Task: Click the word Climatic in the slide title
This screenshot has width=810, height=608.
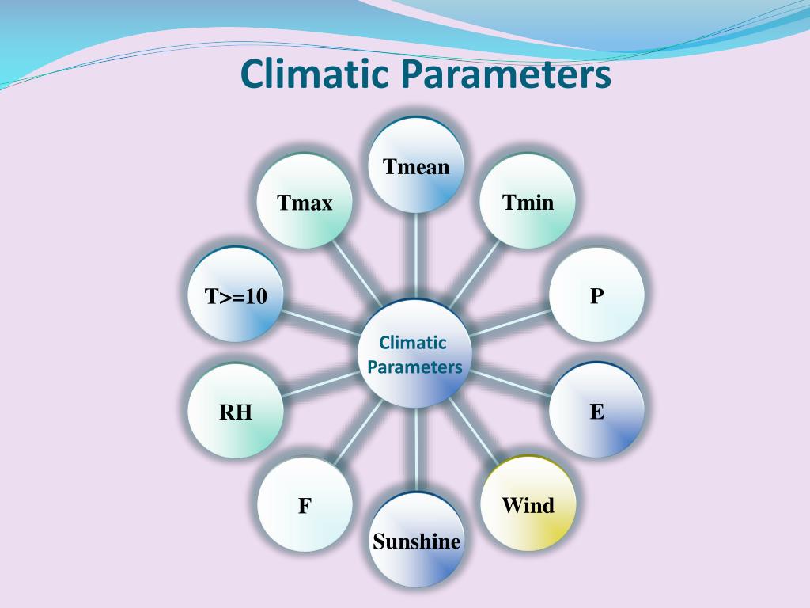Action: (316, 75)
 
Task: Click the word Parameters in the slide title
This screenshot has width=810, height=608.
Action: (506, 75)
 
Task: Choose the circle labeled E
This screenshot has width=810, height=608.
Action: (596, 410)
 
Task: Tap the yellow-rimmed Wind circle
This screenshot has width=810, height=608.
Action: (528, 503)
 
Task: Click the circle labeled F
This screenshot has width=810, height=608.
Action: (305, 504)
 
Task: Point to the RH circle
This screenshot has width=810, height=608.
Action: (236, 411)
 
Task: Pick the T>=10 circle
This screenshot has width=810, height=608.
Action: (236, 295)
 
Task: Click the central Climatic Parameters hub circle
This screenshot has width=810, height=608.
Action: (415, 353)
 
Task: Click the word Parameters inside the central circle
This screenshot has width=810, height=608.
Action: (414, 367)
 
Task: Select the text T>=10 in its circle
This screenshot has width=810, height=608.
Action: (236, 297)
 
